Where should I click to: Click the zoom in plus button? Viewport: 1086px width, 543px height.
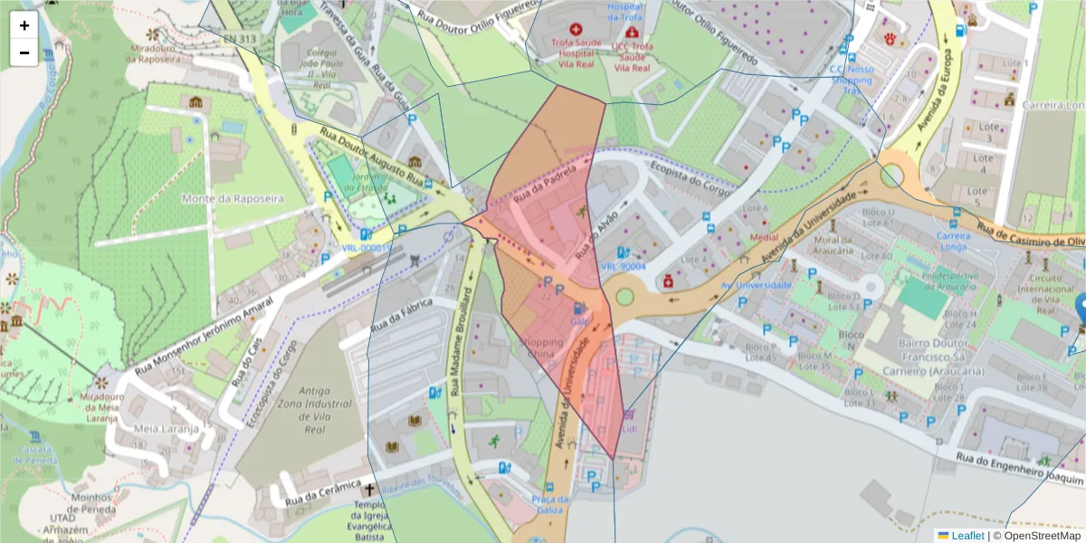pyautogui.click(x=24, y=25)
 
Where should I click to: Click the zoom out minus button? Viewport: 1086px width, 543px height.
pyautogui.click(x=24, y=52)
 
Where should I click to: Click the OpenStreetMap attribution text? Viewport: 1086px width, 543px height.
pyautogui.click(x=1037, y=535)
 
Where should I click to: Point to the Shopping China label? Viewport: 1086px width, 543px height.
pyautogui.click(x=542, y=348)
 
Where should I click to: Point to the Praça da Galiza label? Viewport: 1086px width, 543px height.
pyautogui.click(x=550, y=504)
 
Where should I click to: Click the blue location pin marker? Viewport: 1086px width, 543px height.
pyautogui.click(x=1081, y=309)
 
